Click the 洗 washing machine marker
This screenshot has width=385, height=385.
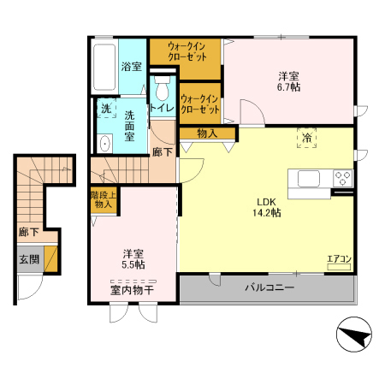coord(105,109)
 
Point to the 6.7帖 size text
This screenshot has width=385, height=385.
coord(288,87)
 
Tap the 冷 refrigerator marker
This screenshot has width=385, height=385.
coord(305,137)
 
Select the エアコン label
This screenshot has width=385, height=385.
coord(339,258)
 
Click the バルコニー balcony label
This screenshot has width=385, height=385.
coord(269,287)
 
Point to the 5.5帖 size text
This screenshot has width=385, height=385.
coord(133,265)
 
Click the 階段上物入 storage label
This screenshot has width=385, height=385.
coord(103,201)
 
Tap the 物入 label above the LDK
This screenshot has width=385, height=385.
coord(205,133)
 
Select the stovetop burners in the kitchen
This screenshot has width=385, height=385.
coord(343,179)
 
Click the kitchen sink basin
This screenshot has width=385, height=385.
coord(309,179)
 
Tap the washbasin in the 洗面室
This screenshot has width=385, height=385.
coord(104,143)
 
